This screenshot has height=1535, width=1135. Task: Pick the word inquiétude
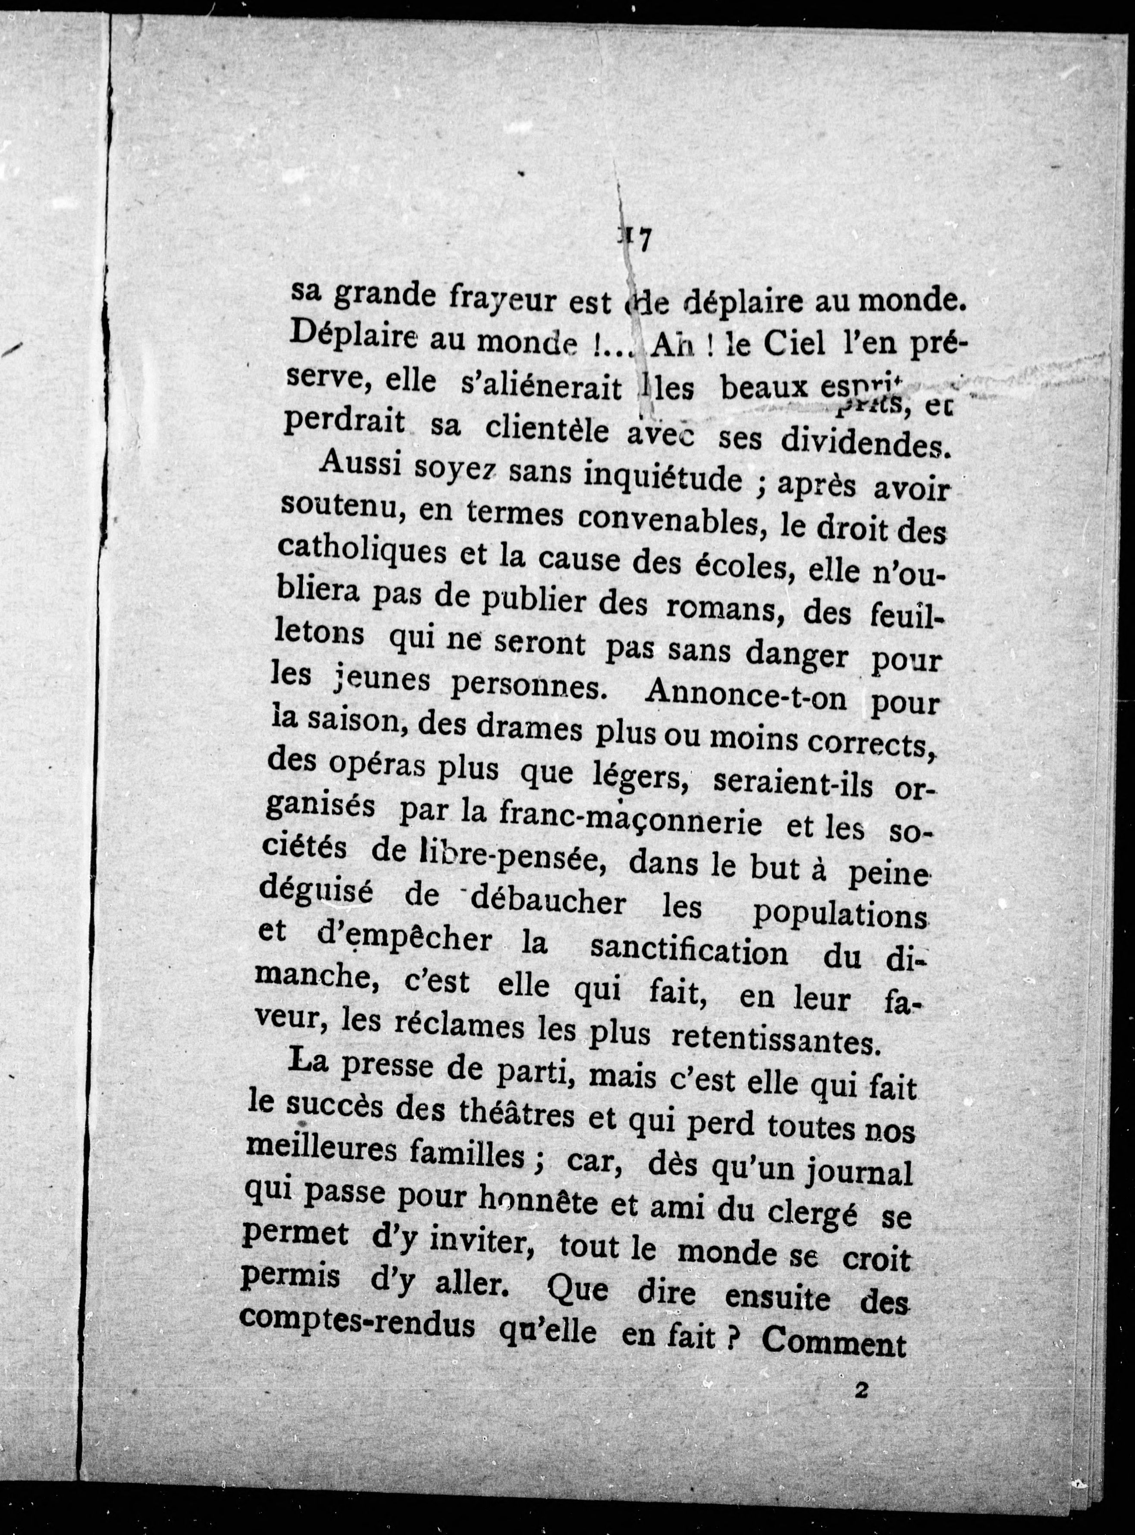[x=663, y=476]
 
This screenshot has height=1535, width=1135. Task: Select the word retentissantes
[x=774, y=1042]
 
